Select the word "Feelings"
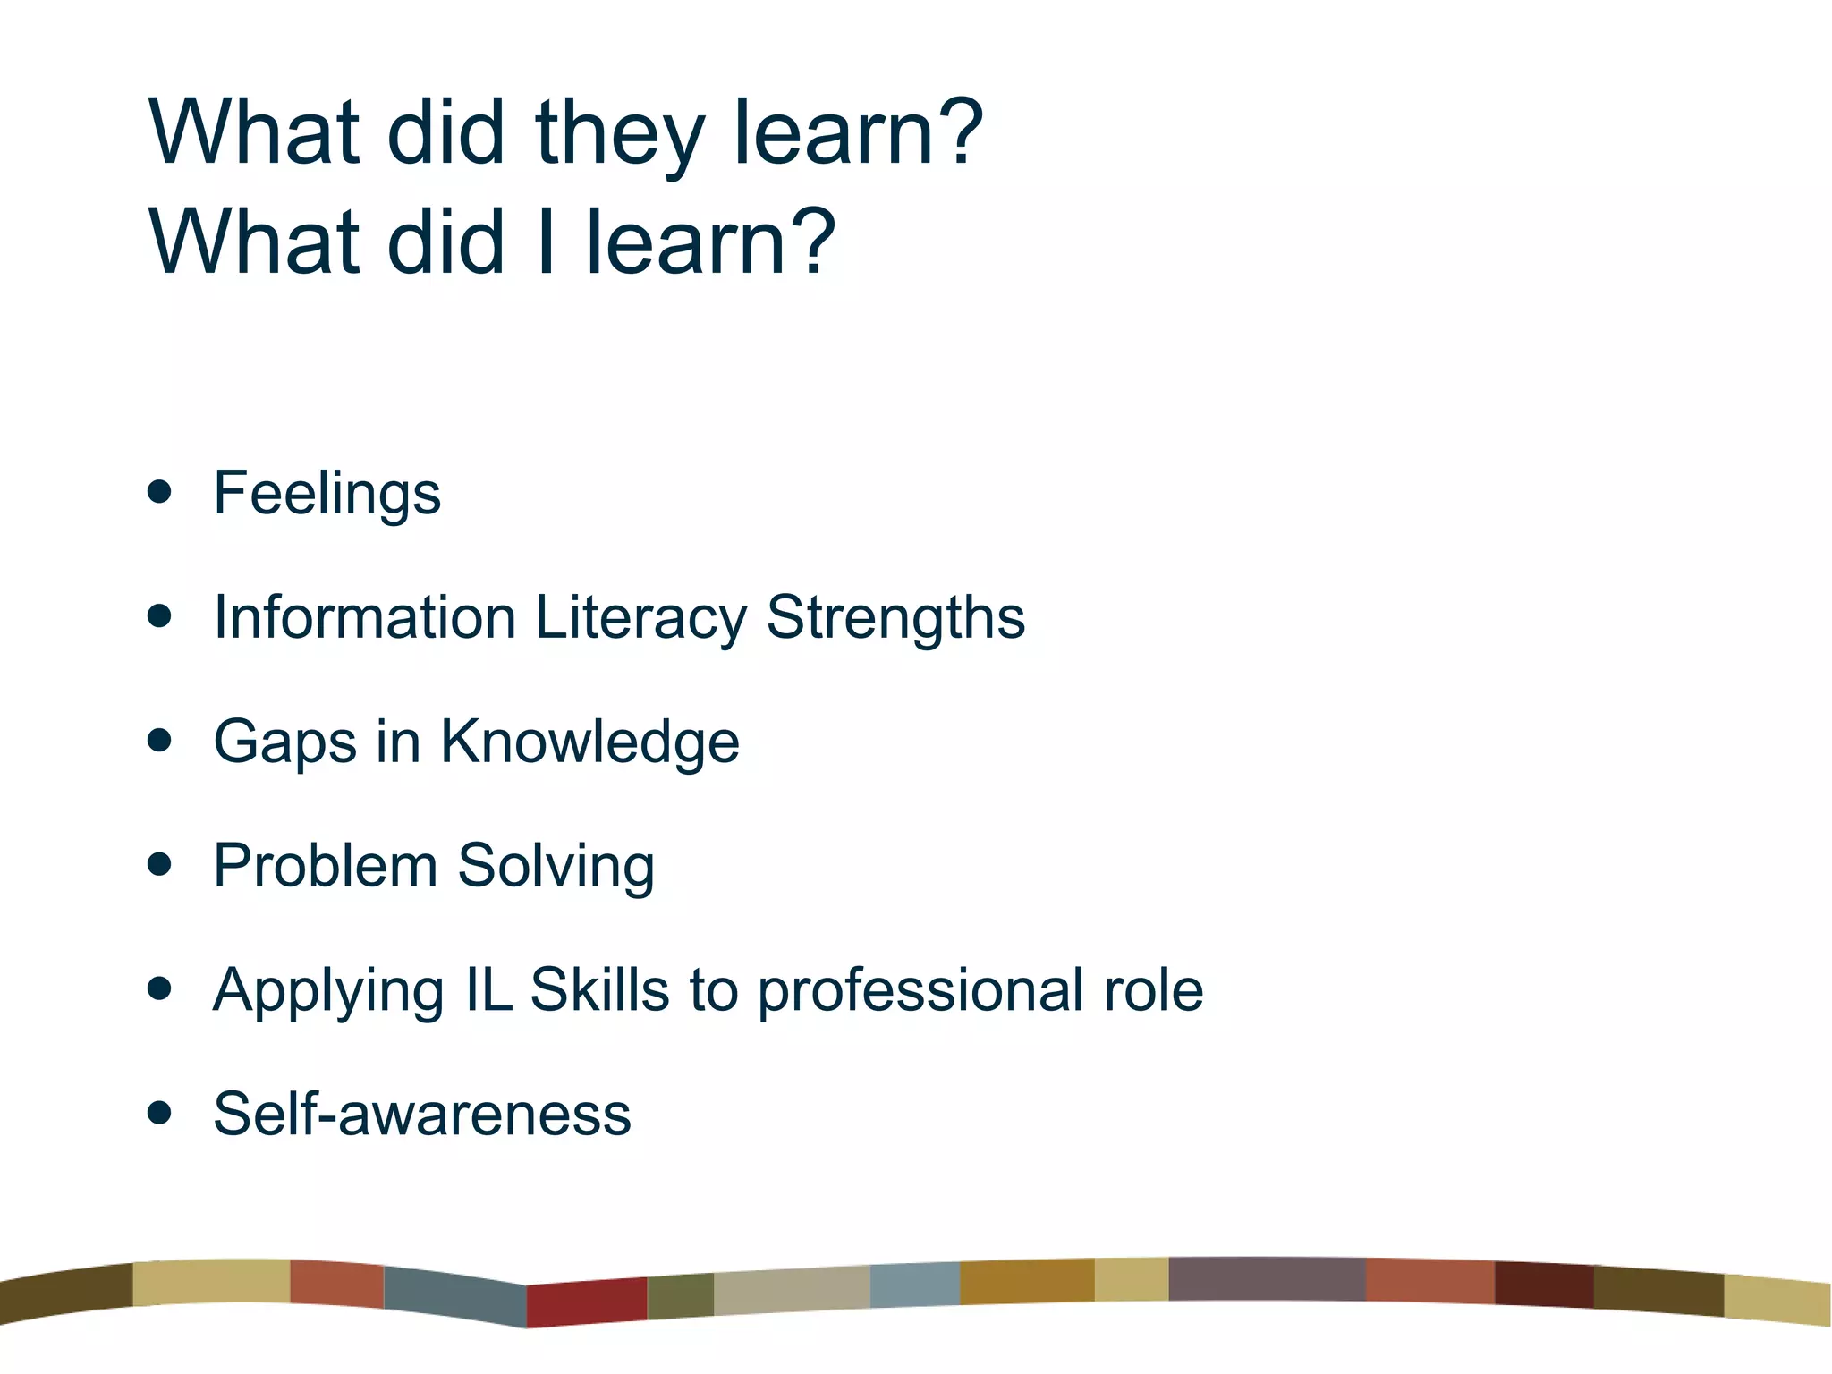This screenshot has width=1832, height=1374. [327, 494]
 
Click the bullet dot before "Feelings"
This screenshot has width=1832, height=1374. [159, 492]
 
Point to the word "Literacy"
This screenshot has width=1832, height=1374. [640, 618]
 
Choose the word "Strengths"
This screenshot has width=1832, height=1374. [895, 618]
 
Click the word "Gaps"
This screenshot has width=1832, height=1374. [284, 742]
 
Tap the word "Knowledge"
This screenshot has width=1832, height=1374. [589, 742]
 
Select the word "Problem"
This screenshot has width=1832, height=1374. [325, 866]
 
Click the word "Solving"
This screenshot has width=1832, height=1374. [556, 866]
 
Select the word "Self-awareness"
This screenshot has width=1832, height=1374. [421, 1114]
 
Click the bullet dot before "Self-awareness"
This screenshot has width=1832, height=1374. [159, 1113]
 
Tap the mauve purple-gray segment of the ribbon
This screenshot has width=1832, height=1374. [1266, 1279]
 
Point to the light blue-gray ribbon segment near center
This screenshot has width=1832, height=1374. [914, 1285]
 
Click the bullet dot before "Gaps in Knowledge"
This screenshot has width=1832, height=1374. [159, 740]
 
